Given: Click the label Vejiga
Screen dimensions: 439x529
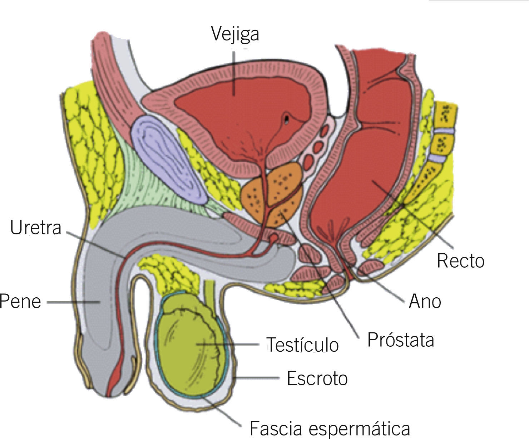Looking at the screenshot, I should click(235, 34).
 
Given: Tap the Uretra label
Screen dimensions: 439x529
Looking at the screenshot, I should click(36, 228).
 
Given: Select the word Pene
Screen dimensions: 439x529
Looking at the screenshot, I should click(20, 301).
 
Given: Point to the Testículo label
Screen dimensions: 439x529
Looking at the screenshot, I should click(303, 345).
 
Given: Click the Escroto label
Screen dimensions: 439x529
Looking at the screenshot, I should click(317, 379).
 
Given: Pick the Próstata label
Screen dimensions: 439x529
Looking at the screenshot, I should click(401, 340).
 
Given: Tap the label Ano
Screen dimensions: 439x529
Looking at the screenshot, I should click(425, 301).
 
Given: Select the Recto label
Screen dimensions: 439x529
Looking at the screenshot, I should click(460, 261).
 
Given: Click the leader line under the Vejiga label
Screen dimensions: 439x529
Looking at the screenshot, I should click(234, 72).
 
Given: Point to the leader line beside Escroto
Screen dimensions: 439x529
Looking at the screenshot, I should click(257, 377).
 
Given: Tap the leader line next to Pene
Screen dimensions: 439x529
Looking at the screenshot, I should click(71, 302).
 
